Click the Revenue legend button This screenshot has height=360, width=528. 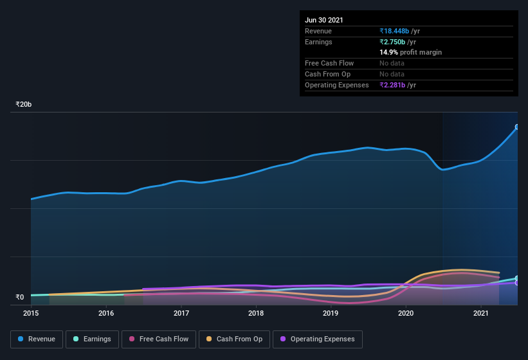[x=37, y=339]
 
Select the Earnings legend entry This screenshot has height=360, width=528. [x=92, y=339]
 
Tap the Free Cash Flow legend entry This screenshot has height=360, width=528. [x=159, y=339]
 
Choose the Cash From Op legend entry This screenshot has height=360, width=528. [x=234, y=339]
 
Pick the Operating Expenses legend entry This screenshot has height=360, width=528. [x=318, y=339]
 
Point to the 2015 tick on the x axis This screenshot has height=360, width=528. [x=32, y=313]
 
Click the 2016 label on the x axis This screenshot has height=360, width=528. [x=106, y=313]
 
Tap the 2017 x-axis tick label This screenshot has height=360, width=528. [x=181, y=313]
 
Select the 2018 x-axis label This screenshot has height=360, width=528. [x=256, y=313]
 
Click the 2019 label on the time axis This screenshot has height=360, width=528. [x=331, y=313]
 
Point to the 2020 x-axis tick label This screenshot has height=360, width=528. [x=406, y=313]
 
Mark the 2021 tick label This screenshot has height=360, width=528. [x=480, y=313]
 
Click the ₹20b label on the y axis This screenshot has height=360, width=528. [x=24, y=104]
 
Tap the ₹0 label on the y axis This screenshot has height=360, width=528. [x=19, y=297]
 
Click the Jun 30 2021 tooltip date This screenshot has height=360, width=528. [x=324, y=20]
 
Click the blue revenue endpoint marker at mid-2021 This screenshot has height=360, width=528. [x=518, y=127]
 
